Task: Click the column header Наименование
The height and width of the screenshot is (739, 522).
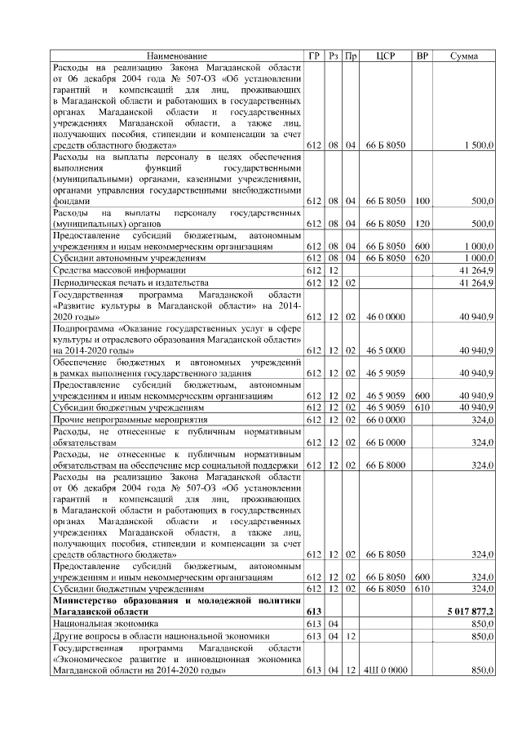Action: click(x=176, y=56)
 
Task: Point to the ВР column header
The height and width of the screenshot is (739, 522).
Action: click(x=422, y=56)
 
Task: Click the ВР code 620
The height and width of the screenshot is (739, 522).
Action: click(x=422, y=257)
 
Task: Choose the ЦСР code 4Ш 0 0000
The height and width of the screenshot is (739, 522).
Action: click(x=385, y=670)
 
